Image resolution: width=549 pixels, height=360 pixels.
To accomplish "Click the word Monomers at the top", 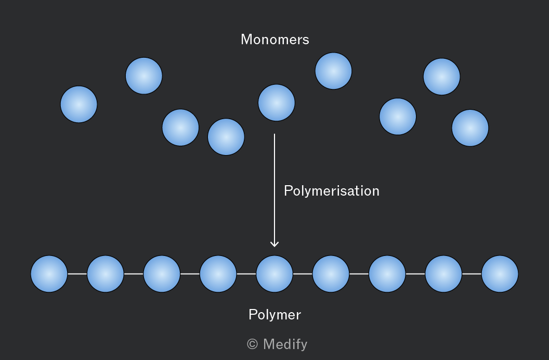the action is click(275, 39).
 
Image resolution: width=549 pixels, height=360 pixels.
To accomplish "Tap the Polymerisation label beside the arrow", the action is click(332, 191).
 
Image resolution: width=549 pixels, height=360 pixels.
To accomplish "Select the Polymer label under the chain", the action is click(275, 314).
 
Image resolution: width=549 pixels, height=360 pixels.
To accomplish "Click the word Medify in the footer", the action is click(285, 344).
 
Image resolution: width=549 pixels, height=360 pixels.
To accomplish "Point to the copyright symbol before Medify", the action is click(253, 344).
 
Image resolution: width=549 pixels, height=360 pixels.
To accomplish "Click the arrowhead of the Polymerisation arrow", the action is click(274, 244).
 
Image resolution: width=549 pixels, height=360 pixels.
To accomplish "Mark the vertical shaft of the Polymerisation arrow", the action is click(274, 190).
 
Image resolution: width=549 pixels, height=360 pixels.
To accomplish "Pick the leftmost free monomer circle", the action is click(79, 105).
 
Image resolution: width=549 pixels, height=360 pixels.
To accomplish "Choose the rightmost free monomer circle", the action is click(470, 128).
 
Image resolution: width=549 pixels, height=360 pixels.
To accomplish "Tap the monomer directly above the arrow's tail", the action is click(277, 102).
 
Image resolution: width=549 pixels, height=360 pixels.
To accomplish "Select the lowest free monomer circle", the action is click(226, 137).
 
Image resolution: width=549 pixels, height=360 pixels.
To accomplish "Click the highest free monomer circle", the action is click(333, 71).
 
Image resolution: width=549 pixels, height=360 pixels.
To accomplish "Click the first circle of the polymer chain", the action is click(49, 274).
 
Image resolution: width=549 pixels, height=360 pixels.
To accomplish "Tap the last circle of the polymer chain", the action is click(500, 274).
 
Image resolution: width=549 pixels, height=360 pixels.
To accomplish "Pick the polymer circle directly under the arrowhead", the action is click(274, 274).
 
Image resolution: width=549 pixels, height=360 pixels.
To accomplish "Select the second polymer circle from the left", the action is click(106, 274).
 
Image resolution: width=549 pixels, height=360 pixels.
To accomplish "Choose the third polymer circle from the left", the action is click(162, 274).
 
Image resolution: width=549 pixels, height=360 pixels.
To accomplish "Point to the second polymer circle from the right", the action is click(443, 274).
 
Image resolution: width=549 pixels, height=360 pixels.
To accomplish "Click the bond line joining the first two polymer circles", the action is click(77, 274).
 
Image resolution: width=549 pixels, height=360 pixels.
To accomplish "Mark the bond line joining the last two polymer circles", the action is click(472, 274).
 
